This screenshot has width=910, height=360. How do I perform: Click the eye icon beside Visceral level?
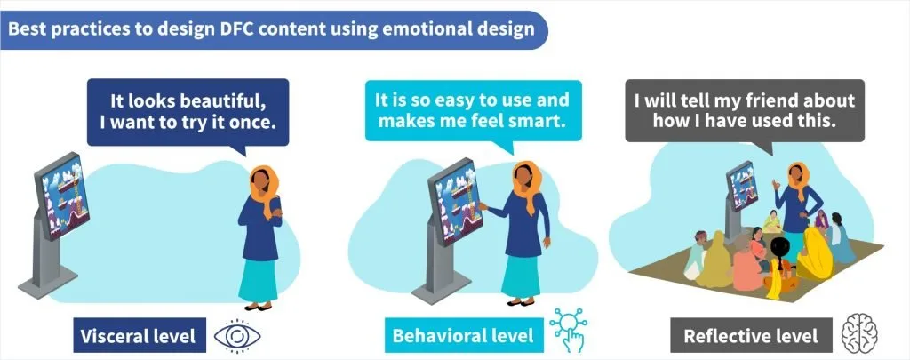[236, 337]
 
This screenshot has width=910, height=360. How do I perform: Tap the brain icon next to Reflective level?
[859, 334]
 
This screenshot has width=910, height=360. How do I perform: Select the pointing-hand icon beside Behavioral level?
[569, 329]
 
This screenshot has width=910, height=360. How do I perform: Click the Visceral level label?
[140, 335]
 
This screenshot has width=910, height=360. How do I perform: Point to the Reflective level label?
[751, 335]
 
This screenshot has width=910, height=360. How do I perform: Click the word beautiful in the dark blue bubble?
[223, 101]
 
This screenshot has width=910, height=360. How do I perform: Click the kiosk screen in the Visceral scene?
[61, 195]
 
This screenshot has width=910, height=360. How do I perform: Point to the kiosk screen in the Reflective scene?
[742, 186]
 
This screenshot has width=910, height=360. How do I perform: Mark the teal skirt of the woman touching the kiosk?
[521, 276]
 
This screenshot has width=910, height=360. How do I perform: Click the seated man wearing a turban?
[697, 254]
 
